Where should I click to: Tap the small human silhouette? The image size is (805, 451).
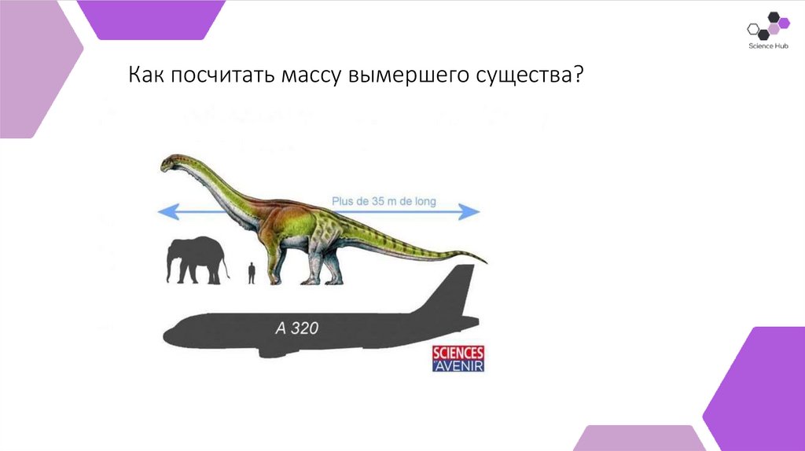tap(252, 273)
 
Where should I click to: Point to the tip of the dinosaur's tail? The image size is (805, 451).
tap(485, 262)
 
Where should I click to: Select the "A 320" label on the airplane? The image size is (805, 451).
tap(296, 328)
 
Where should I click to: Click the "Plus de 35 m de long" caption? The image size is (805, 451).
tap(384, 201)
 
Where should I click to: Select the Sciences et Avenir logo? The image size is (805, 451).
tap(458, 358)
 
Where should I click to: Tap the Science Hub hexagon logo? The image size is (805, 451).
tap(767, 27)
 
